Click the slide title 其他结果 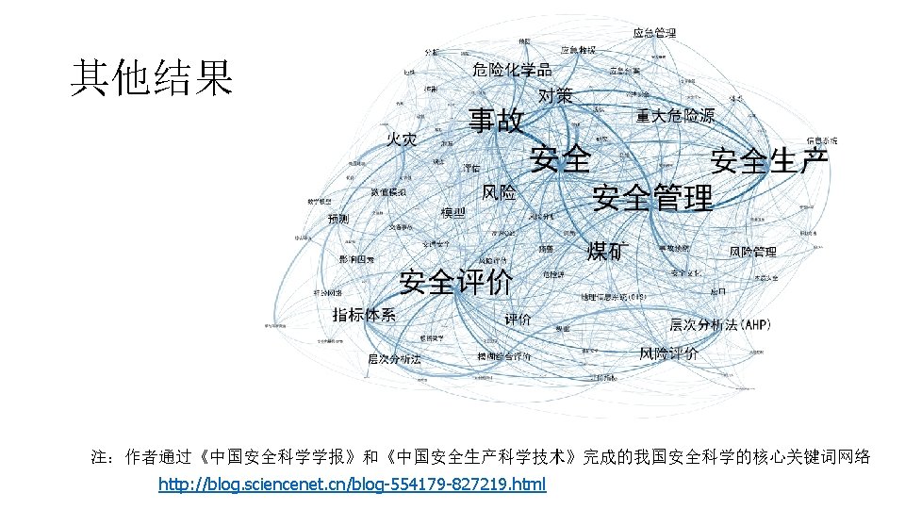pos(151,78)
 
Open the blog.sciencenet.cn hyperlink pos(352,484)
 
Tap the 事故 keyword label pos(497,122)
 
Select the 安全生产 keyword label pos(770,160)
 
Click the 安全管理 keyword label pos(652,198)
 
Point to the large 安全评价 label pos(456,281)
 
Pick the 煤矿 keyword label pos(609,251)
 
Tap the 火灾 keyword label pos(401,140)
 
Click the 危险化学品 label pos(512,70)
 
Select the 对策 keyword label pos(555,95)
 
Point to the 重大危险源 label pos(675,116)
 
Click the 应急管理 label pos(654,33)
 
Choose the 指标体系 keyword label pos(364,314)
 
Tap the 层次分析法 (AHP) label pos(720,325)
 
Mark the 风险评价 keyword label pos(668,353)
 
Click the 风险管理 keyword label pos(752,252)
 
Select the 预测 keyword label pos(338,219)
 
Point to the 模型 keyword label pos(453,213)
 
